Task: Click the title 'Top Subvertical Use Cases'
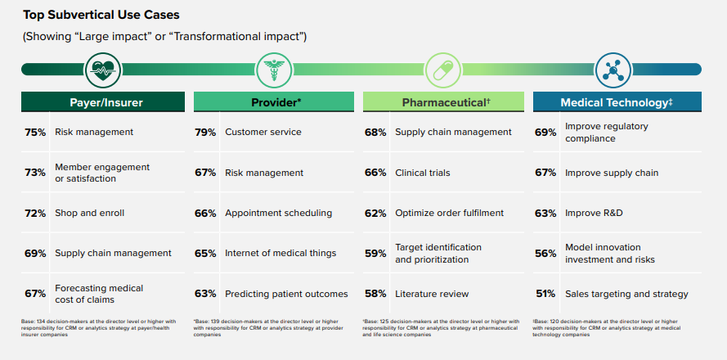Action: pos(101,15)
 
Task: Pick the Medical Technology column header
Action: pos(616,102)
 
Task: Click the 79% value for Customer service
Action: pos(205,133)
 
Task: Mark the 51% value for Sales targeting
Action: pos(545,295)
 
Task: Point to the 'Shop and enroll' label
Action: pos(90,213)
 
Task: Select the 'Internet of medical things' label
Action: pos(280,254)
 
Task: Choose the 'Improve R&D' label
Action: pos(595,213)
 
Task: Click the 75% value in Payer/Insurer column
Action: pos(34,133)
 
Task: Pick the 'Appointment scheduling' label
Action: pos(278,213)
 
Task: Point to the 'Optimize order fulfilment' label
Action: pos(449,213)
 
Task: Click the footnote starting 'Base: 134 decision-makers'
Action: pos(98,327)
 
